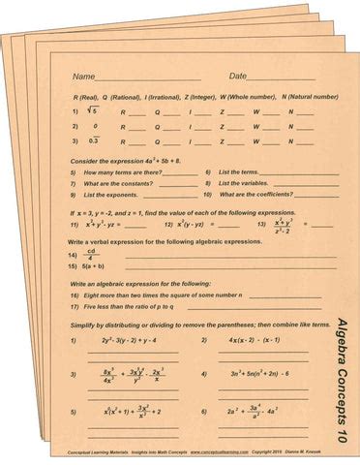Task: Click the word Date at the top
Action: click(x=238, y=76)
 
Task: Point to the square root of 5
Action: click(x=93, y=111)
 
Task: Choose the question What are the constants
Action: click(x=116, y=183)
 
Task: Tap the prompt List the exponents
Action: click(x=108, y=195)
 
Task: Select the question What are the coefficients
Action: click(x=259, y=195)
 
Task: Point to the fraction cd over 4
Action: click(x=92, y=254)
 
